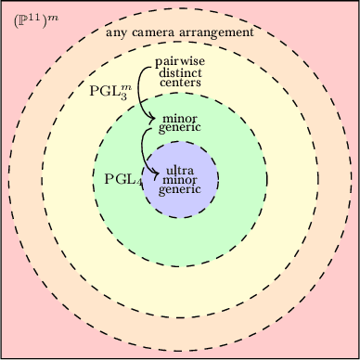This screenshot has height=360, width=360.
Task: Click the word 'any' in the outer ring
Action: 117,32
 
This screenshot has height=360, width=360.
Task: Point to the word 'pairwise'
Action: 179,61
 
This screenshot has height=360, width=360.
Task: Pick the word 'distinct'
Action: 179,71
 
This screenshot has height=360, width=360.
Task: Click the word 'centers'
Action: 179,82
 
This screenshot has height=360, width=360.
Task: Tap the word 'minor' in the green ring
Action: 179,118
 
